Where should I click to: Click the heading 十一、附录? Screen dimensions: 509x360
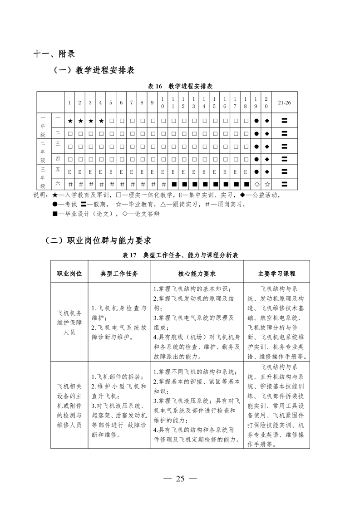(x=50, y=54)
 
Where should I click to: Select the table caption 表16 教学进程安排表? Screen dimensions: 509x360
(x=181, y=86)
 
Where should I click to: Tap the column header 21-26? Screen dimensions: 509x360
(x=285, y=103)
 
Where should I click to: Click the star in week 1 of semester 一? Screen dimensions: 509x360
(x=70, y=121)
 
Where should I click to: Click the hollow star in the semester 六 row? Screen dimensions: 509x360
(x=267, y=184)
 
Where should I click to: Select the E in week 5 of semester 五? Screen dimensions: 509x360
(x=111, y=172)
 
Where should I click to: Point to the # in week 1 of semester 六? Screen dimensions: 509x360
(x=70, y=184)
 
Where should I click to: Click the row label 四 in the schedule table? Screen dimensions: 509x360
(x=58, y=159)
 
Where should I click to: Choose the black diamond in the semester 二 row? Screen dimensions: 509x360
(x=267, y=134)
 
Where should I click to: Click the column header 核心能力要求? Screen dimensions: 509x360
(x=197, y=274)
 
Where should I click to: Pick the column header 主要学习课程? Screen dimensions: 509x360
(x=276, y=274)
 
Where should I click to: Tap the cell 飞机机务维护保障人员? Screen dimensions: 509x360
(x=69, y=323)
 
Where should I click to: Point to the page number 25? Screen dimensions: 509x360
(x=180, y=479)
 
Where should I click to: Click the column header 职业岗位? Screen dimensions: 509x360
(x=69, y=274)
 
